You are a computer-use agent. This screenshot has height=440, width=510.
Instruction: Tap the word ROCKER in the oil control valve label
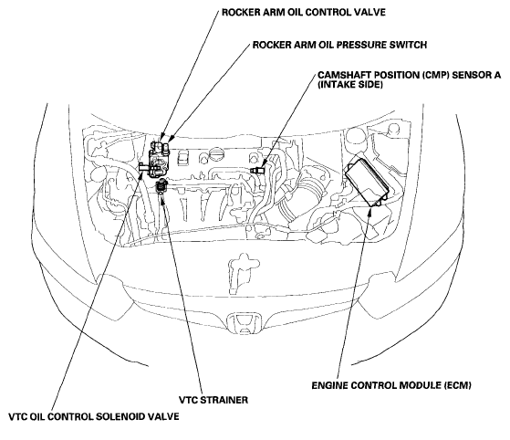coord(239,13)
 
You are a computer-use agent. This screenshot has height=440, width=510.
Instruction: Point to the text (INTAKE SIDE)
coord(350,85)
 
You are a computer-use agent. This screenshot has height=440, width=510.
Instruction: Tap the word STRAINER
coord(224,400)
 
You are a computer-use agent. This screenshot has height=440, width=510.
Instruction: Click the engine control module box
coord(368,182)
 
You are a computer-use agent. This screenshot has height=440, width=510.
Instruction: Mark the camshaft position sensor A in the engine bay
coord(258,170)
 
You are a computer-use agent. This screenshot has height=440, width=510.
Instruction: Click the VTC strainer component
coord(161,186)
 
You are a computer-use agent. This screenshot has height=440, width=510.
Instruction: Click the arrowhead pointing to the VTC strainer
coord(162,198)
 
